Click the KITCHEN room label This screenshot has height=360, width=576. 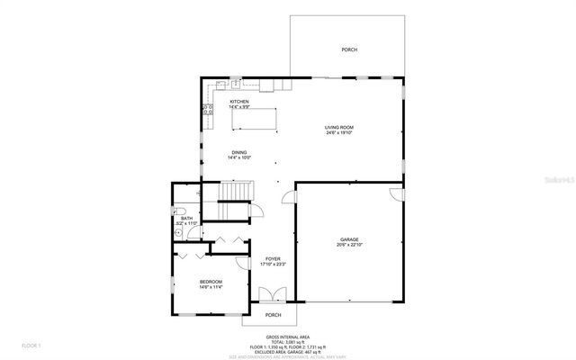click(238, 102)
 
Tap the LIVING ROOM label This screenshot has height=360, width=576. click(338, 127)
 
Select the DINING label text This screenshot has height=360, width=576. click(238, 152)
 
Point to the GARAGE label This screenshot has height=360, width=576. click(350, 238)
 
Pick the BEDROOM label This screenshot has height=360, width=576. click(211, 282)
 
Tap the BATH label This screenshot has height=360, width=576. click(186, 218)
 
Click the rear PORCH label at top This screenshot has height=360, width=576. click(348, 49)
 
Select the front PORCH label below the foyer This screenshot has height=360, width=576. click(273, 315)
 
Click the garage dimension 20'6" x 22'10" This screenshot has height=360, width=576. click(350, 245)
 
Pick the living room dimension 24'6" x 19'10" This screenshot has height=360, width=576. click(338, 133)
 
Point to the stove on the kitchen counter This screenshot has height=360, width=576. click(206, 111)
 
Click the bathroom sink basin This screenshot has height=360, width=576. click(179, 232)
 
